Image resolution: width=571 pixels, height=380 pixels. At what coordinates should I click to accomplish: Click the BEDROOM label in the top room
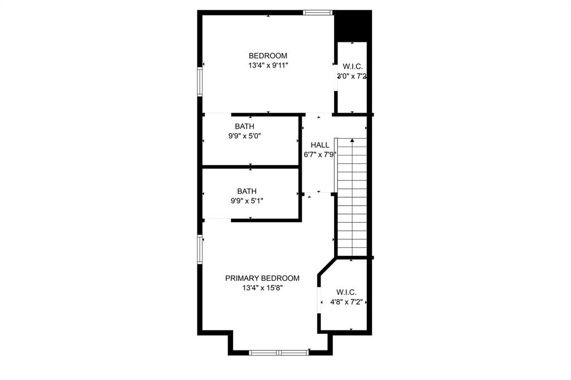pyautogui.click(x=268, y=56)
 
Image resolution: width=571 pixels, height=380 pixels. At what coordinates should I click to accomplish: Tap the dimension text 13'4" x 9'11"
pyautogui.click(x=268, y=65)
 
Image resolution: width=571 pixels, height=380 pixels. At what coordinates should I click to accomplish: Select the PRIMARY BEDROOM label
pyautogui.click(x=262, y=279)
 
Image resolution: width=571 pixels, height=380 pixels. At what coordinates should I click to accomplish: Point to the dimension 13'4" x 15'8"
pyautogui.click(x=262, y=288)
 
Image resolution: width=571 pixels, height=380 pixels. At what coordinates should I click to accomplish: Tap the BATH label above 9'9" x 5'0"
pyautogui.click(x=244, y=126)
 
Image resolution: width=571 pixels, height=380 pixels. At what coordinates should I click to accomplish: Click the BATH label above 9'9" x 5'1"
pyautogui.click(x=246, y=191)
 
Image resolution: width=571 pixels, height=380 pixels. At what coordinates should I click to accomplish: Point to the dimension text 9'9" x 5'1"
pyautogui.click(x=246, y=200)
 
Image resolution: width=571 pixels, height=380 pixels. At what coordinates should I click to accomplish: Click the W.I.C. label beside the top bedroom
pyautogui.click(x=352, y=67)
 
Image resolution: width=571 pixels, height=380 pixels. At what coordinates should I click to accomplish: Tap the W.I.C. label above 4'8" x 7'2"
pyautogui.click(x=346, y=293)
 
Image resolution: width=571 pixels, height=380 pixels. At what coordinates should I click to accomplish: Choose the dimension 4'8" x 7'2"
pyautogui.click(x=346, y=302)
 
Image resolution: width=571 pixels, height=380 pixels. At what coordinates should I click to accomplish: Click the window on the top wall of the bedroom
pyautogui.click(x=318, y=12)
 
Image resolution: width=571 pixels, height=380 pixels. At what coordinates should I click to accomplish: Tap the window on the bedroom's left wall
pyautogui.click(x=200, y=82)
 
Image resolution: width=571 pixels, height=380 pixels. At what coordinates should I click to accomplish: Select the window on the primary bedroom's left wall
pyautogui.click(x=200, y=249)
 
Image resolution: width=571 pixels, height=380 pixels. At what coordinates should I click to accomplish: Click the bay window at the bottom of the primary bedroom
pyautogui.click(x=278, y=352)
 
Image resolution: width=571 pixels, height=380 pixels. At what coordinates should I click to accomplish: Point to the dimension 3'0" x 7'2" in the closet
pyautogui.click(x=351, y=76)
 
